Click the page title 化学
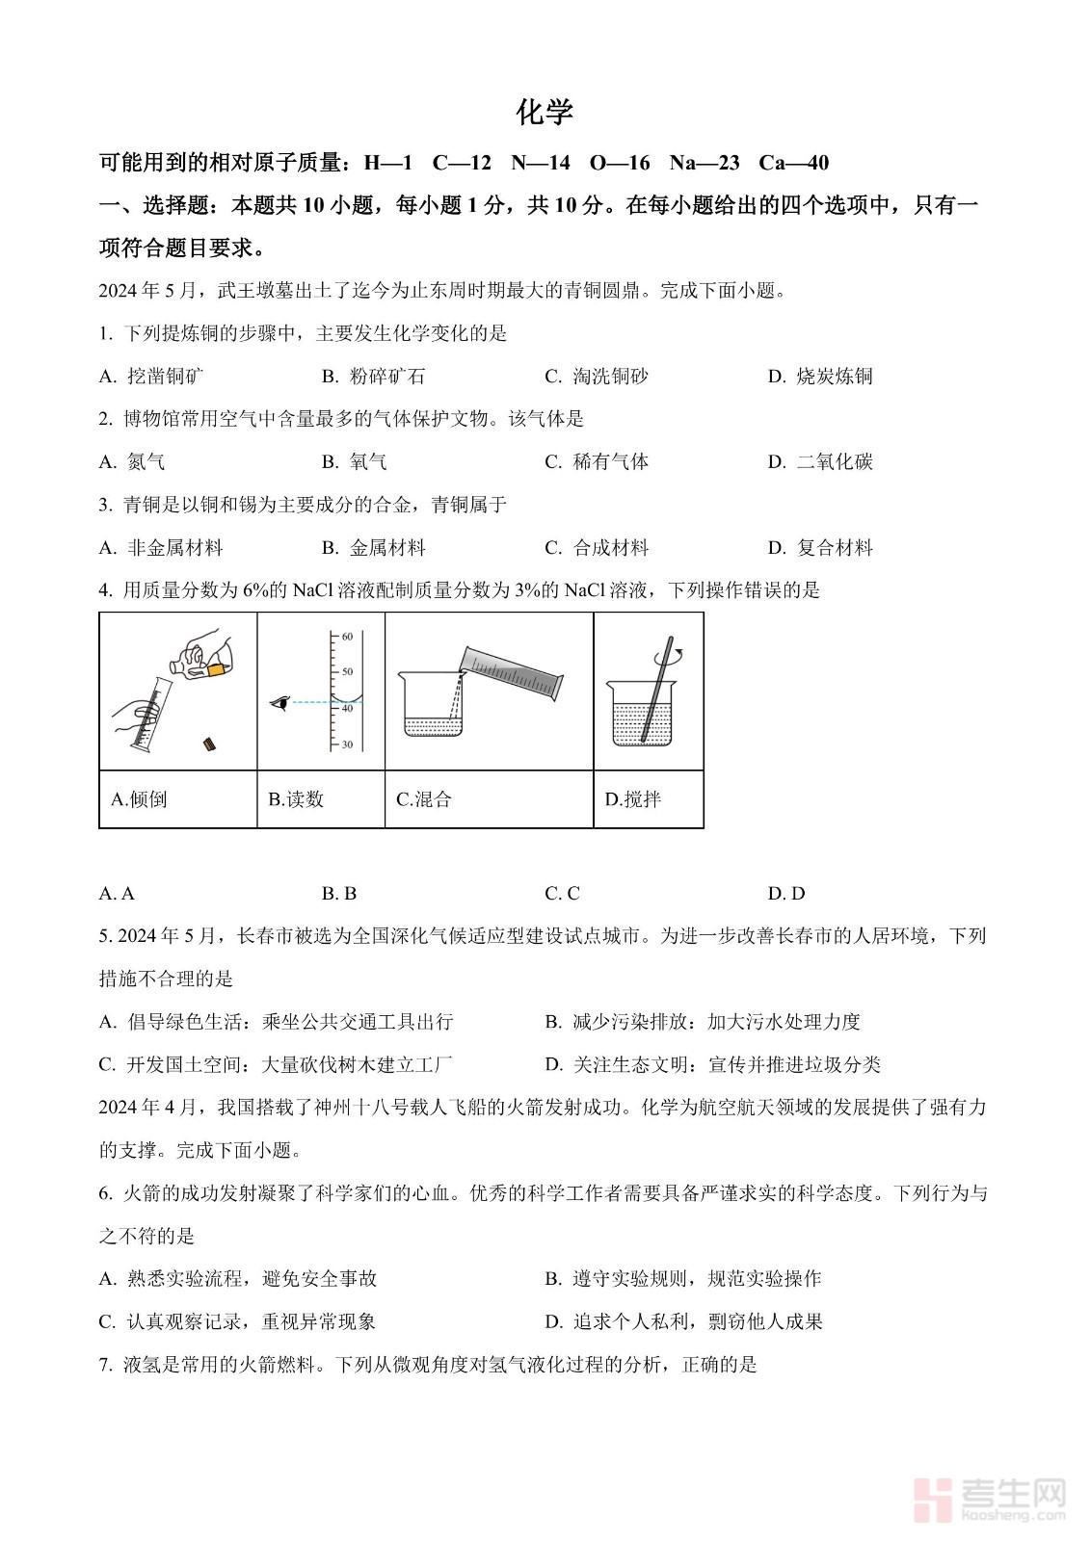click(545, 113)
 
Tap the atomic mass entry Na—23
click(704, 163)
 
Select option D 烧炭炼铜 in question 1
click(820, 377)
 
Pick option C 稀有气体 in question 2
click(597, 462)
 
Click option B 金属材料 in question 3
click(374, 548)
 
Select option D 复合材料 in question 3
click(820, 548)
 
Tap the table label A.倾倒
click(140, 799)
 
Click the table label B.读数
click(296, 799)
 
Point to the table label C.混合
click(424, 799)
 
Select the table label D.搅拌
click(633, 799)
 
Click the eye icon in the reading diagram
click(280, 703)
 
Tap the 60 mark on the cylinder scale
click(347, 637)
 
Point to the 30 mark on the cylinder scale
click(347, 744)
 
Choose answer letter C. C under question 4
click(562, 894)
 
